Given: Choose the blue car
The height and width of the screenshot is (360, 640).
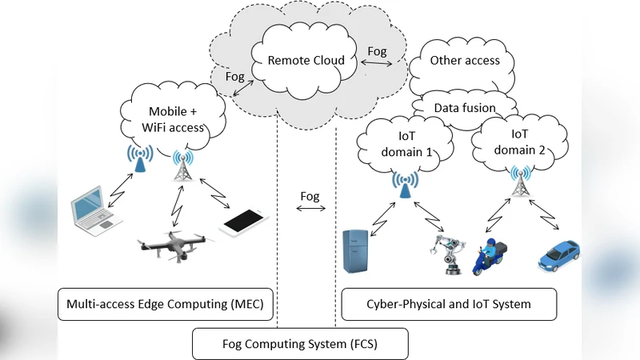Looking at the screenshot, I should pos(559,254).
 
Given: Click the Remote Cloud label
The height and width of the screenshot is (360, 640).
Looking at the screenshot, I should pos(306,60).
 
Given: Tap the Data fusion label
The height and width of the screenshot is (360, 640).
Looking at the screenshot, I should pos(465,107).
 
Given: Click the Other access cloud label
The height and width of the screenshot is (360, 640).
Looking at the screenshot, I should pos(465,60).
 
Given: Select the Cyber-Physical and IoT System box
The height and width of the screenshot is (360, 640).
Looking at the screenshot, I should pos(449,304).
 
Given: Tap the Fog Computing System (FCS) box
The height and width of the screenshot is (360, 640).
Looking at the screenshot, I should pos(301,344).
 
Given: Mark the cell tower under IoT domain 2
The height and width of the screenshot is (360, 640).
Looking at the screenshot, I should pos(521,181).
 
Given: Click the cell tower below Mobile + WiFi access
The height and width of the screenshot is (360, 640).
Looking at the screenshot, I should pos(182,166).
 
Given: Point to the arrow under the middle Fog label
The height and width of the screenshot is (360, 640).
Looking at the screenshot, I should pos(310,210).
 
